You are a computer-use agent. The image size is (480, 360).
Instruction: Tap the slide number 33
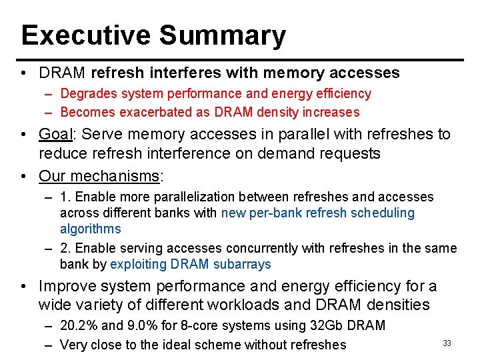click(x=447, y=343)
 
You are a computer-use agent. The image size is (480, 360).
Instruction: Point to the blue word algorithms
click(x=90, y=229)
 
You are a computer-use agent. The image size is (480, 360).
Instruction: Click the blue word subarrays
click(x=242, y=264)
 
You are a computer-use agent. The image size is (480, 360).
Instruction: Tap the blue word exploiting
click(x=138, y=264)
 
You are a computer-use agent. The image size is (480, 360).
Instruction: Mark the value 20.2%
click(x=79, y=326)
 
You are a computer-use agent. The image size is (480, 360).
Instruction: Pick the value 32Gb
click(x=329, y=326)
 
